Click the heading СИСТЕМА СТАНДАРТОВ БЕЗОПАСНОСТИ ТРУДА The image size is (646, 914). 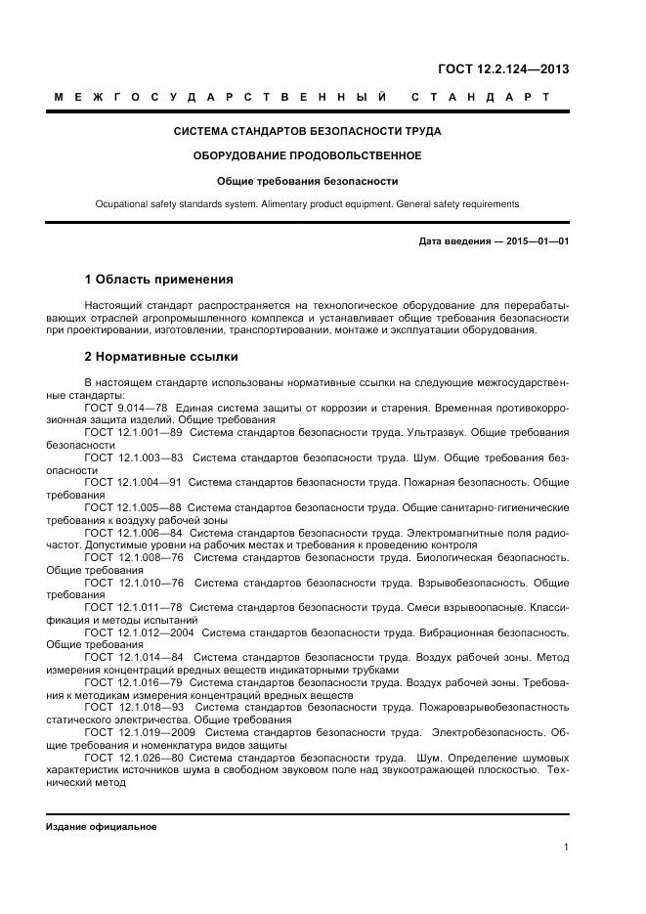click(307, 131)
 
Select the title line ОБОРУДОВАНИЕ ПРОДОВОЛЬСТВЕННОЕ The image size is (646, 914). click(307, 155)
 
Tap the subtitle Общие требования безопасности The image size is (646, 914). click(307, 181)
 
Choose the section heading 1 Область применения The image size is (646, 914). click(158, 280)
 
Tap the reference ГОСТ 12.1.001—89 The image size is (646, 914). click(134, 431)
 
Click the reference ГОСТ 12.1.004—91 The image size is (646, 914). click(133, 482)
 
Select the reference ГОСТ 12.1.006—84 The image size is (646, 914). click(133, 533)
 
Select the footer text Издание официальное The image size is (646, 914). click(101, 826)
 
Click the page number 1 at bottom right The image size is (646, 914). click(566, 847)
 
